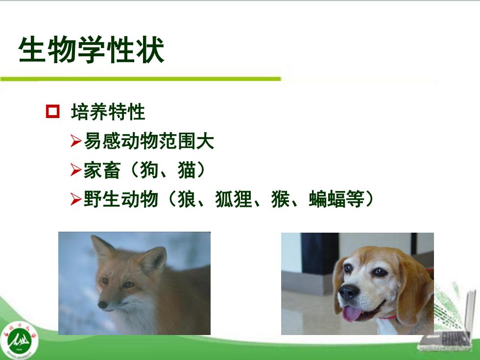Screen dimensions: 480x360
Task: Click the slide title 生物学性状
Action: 92,49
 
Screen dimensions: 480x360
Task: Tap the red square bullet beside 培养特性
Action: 53,111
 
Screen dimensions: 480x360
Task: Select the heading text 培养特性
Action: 108,112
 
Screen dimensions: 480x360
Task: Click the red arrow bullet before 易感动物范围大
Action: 75,141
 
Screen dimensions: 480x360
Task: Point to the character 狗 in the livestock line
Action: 149,170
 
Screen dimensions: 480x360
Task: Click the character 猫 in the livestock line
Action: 187,170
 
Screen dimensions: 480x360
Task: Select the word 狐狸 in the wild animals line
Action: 234,199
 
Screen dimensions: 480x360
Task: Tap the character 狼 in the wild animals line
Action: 187,199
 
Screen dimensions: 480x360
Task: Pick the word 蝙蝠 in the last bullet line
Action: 327,199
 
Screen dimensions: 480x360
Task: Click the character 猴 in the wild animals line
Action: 280,199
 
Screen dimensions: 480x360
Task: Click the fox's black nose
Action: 102,305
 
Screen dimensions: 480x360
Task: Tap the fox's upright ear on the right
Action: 153,260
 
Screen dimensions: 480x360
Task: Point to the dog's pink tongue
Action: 352,314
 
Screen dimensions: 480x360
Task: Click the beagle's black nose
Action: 348,292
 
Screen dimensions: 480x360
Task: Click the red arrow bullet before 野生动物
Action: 75,199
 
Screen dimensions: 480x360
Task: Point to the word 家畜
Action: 102,170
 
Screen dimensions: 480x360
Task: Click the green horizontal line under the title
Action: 141,79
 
